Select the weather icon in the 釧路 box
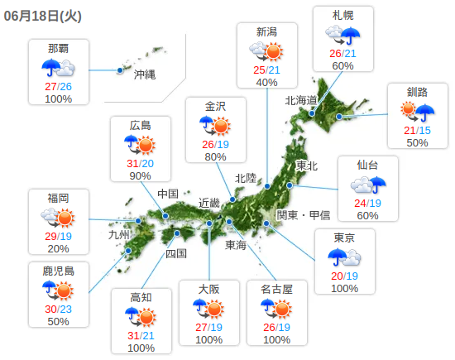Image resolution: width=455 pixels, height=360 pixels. point(417,109)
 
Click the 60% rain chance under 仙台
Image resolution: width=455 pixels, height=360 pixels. point(367,216)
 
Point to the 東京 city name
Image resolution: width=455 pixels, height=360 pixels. point(344,238)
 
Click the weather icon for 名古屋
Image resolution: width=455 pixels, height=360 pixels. point(276,309)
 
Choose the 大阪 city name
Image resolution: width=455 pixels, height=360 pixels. point(208,289)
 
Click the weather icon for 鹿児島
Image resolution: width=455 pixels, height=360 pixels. point(58,290)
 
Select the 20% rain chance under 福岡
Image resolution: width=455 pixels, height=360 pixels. point(58,249)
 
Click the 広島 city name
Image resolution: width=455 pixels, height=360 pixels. point(141,125)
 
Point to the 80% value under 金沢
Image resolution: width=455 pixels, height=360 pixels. point(215,157)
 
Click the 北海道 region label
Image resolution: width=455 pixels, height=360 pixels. point(301,100)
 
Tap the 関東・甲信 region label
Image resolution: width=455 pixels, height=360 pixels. point(303,215)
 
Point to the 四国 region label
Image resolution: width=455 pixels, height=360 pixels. point(176,253)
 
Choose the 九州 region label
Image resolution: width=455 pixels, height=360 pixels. point(119,235)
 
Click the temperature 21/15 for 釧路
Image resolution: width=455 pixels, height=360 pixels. point(417,130)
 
